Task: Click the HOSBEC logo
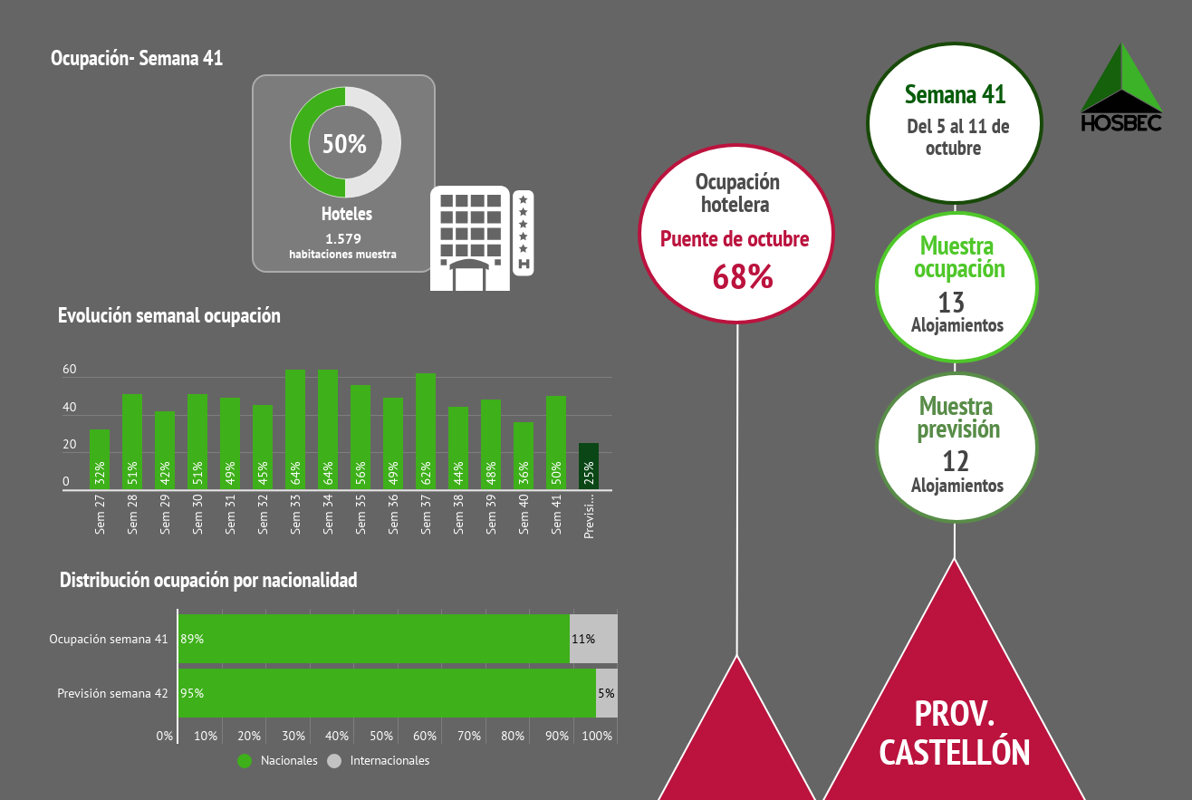1121,89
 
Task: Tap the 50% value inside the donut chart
345,143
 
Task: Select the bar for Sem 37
426,431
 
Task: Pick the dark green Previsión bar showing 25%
589,467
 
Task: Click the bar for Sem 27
100,459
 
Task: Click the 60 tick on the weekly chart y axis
70,370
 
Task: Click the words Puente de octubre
735,239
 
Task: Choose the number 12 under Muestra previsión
956,461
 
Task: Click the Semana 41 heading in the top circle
956,94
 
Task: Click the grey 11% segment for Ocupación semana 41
593,639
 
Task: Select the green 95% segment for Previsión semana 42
387,693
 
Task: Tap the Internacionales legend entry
380,761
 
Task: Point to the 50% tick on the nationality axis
381,736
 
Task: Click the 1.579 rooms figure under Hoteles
343,239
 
